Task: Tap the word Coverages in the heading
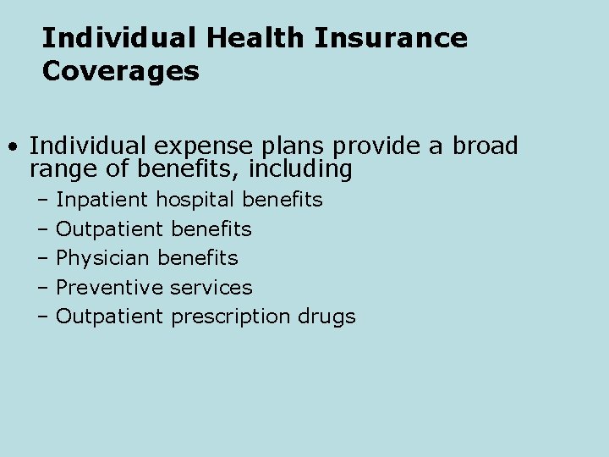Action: point(120,71)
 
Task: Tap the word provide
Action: point(384,146)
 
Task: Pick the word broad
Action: point(485,146)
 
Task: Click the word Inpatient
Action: point(102,200)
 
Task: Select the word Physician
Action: point(103,258)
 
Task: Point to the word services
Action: point(211,288)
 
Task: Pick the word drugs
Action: point(326,317)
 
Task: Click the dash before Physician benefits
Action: point(43,258)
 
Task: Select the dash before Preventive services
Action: point(43,288)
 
